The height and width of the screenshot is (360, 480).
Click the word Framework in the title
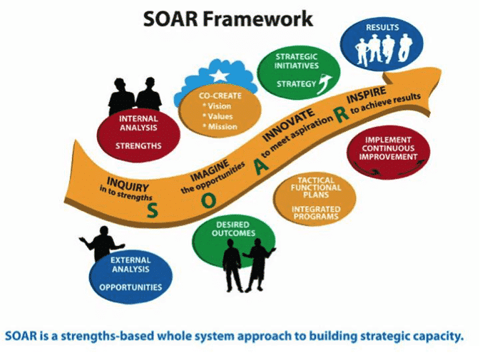[x=267, y=19]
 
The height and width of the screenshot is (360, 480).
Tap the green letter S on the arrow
[x=153, y=209]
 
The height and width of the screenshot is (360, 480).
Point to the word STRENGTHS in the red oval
[x=139, y=146]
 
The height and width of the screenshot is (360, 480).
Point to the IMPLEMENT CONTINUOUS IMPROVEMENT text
[x=388, y=148]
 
